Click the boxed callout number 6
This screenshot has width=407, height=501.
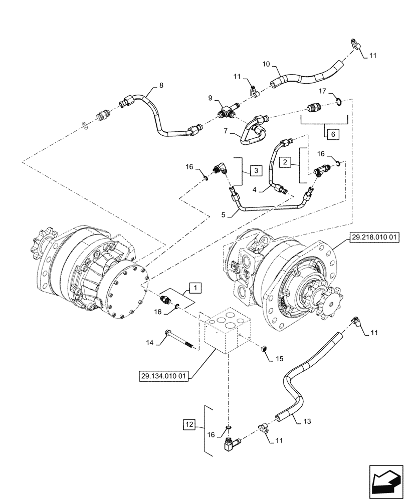[x=332, y=134]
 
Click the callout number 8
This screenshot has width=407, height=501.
[x=160, y=86]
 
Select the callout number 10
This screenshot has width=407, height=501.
[x=266, y=64]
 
